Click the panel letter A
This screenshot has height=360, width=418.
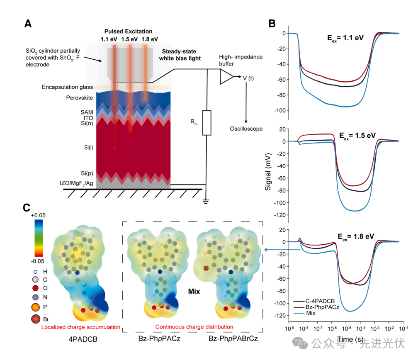(29, 24)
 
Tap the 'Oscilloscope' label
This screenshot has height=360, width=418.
(246, 129)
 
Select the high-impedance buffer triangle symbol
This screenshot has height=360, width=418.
(226, 77)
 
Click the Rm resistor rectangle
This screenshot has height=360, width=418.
(207, 123)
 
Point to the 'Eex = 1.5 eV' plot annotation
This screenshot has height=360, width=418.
(357, 136)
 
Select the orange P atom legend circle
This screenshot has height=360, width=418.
(35, 307)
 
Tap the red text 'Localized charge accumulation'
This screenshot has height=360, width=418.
(81, 327)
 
